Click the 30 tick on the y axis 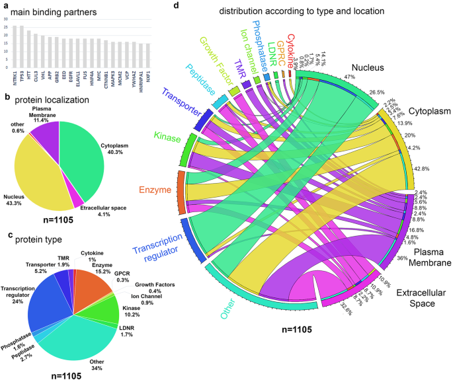coord(6,19)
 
